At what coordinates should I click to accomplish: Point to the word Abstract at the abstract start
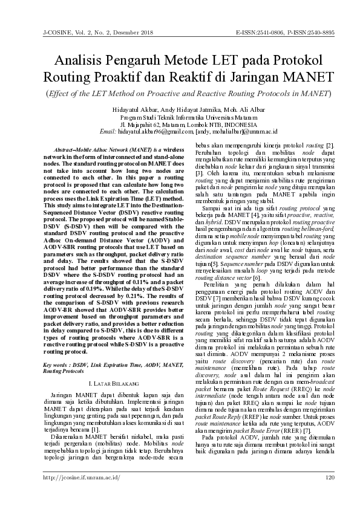click(64, 149)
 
